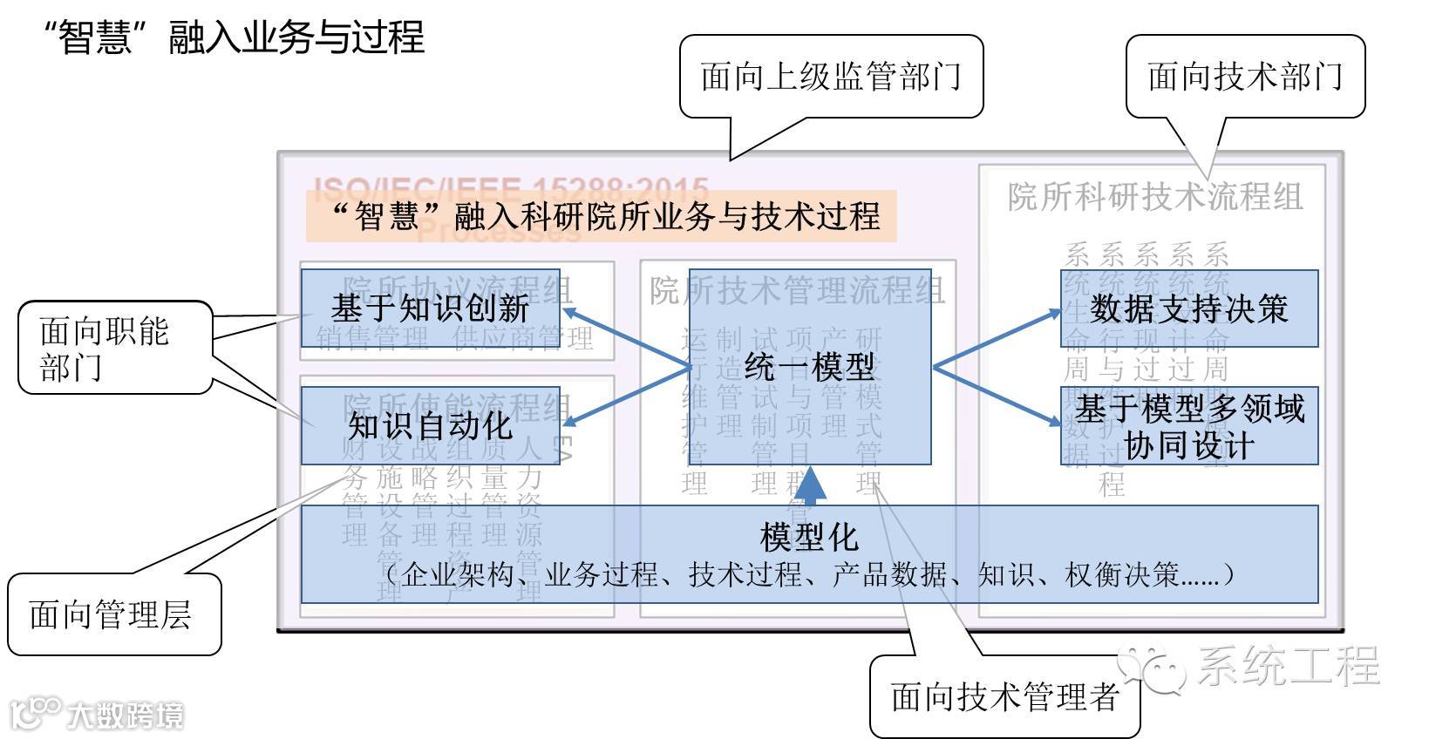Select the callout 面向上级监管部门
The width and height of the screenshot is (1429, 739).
pyautogui.click(x=830, y=77)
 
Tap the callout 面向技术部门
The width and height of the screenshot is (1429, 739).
pyautogui.click(x=1244, y=77)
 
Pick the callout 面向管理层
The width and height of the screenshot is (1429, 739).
pyautogui.click(x=112, y=615)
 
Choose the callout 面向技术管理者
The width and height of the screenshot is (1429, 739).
pyautogui.click(x=1004, y=697)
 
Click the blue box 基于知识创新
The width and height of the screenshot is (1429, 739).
pyautogui.click(x=430, y=308)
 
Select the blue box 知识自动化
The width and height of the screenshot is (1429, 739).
pyautogui.click(x=430, y=425)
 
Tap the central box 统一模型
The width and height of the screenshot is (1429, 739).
pyautogui.click(x=809, y=366)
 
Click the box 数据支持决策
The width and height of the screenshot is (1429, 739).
pyautogui.click(x=1188, y=308)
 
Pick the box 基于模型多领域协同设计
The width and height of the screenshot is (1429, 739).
pyautogui.click(x=1188, y=426)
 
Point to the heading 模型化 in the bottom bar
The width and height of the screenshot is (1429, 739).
pyautogui.click(x=809, y=537)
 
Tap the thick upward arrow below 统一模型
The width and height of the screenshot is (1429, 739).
pyautogui.click(x=811, y=486)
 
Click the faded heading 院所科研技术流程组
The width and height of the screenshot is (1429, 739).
pyautogui.click(x=1155, y=197)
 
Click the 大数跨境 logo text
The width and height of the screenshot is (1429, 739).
pyautogui.click(x=126, y=716)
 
